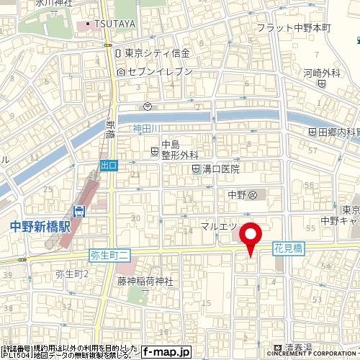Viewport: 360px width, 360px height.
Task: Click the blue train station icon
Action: (80, 211)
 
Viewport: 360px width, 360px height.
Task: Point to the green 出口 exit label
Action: (109, 165)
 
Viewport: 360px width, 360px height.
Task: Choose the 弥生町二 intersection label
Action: (110, 254)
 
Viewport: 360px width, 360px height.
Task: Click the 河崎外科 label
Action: (321, 73)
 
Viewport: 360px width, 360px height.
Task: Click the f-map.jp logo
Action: (165, 352)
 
